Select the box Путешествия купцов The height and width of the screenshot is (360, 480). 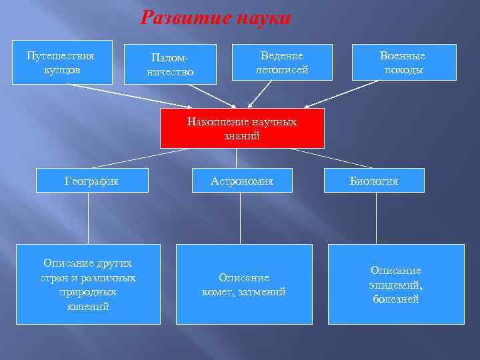[x=62, y=63]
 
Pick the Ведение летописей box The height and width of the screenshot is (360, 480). [x=282, y=63]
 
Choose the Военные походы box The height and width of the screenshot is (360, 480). [x=403, y=63]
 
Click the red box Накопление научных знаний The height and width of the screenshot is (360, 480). [x=242, y=128]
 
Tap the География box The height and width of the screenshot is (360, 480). [x=91, y=180]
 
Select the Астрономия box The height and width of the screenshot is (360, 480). [x=242, y=180]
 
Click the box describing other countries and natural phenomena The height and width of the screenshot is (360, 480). [x=88, y=284]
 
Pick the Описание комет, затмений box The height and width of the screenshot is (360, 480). [x=244, y=284]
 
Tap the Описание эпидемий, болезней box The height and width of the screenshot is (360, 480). [x=396, y=284]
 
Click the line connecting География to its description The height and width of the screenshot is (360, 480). [x=89, y=220]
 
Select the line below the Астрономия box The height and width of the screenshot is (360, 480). [x=241, y=219]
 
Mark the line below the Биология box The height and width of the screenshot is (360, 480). [x=376, y=219]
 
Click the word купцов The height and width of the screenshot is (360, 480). [x=62, y=69]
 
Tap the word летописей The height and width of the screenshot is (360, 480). [x=282, y=69]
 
